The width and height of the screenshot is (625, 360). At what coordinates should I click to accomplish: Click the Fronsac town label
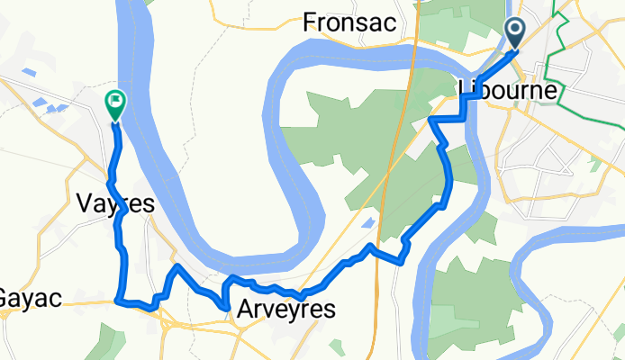pos(349,22)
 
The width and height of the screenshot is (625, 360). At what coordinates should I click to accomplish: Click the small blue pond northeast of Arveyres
pos(368,221)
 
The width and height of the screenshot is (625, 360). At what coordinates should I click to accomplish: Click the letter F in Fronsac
pos(311,22)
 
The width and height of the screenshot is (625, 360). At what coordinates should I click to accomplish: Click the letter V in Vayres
pos(78,204)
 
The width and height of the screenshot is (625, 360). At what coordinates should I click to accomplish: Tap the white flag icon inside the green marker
pos(116,101)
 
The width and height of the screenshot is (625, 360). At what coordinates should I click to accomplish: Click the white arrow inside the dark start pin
pos(516,31)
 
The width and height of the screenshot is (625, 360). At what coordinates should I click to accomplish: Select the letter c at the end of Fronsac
pos(390,22)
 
